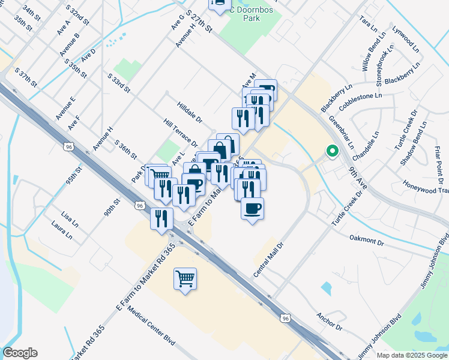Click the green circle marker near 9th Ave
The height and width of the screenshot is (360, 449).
331,152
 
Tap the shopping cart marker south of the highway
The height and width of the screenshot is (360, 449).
185,278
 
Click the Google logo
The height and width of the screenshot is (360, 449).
20,353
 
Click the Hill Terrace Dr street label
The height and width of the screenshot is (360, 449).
180,133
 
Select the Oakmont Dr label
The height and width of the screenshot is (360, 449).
366,240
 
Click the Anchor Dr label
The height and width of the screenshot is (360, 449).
330,323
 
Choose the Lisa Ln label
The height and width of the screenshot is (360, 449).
69,218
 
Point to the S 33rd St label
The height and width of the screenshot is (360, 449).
119,83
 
